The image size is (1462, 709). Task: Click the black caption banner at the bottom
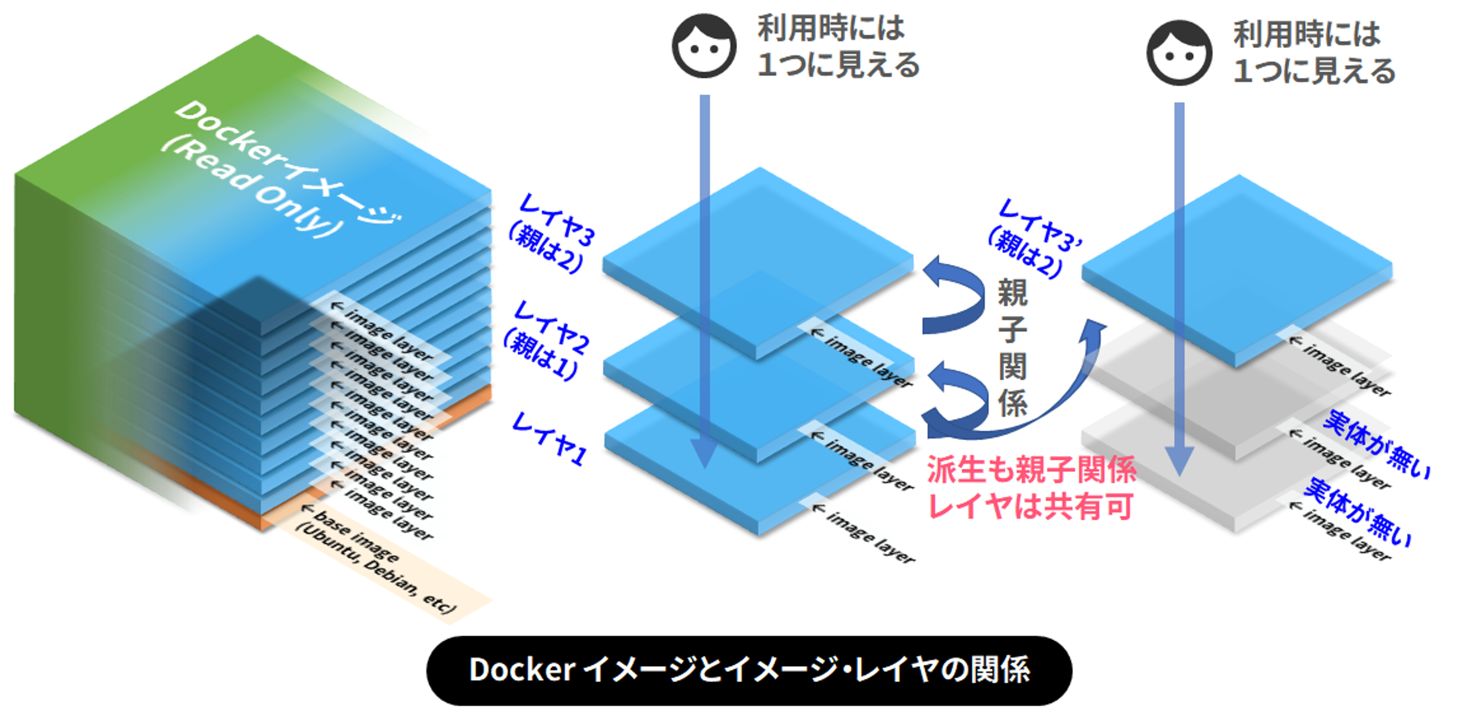(749, 670)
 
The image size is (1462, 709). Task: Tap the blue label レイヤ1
(549, 439)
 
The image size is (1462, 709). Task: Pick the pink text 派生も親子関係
(1031, 470)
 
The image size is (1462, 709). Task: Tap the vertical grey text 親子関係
(1013, 347)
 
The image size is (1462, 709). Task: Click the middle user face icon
(704, 45)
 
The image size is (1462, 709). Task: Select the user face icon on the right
(1179, 53)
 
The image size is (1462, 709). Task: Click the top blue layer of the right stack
(1237, 270)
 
